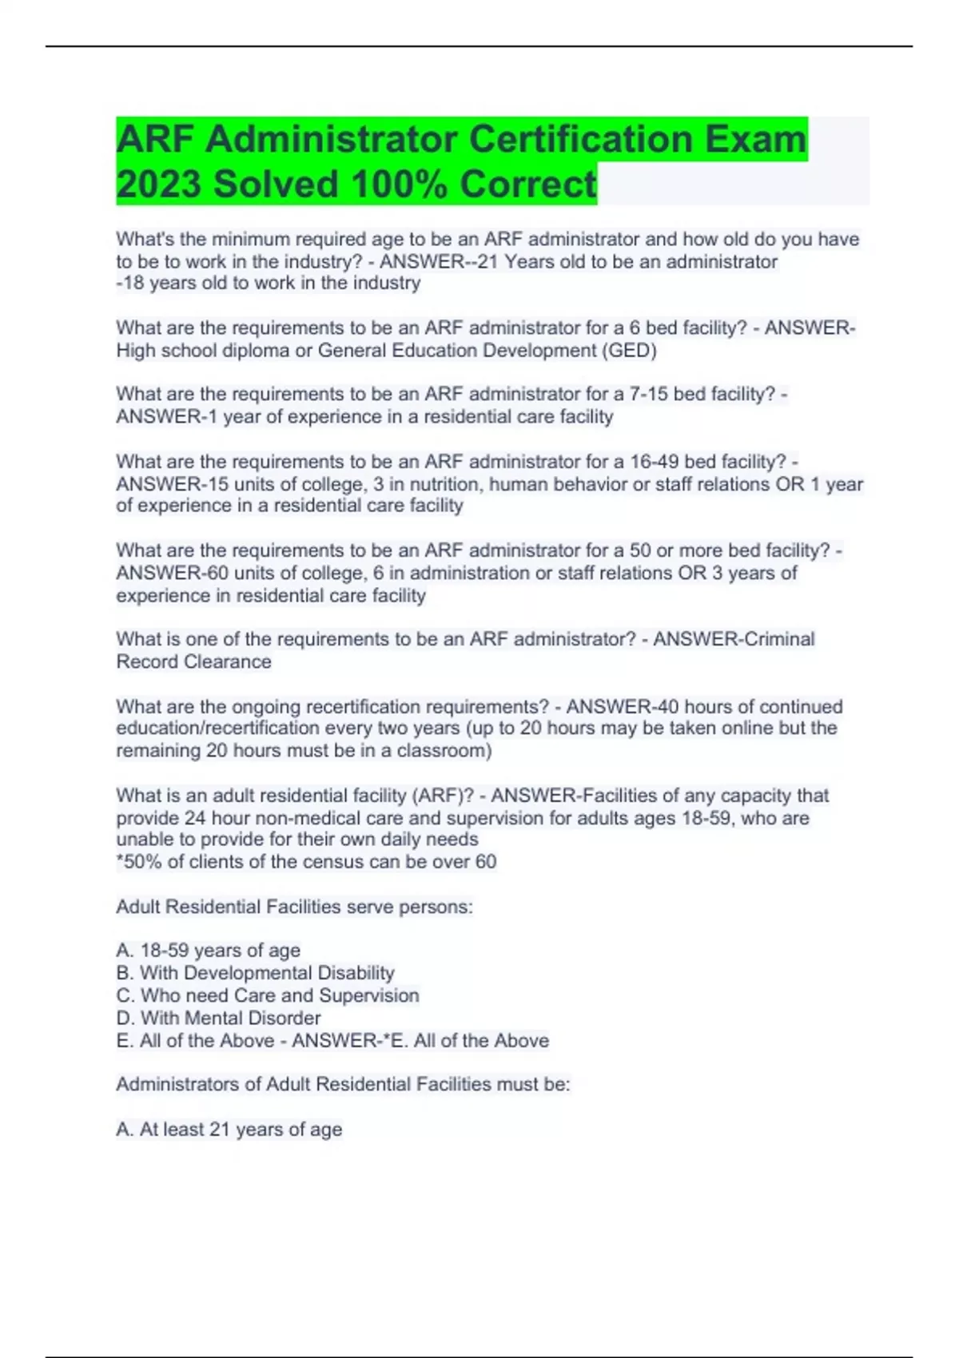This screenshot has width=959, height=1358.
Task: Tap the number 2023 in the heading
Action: [x=158, y=185]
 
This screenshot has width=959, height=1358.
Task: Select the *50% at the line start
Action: [x=136, y=862]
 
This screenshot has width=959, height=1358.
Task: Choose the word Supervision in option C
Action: [x=369, y=995]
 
